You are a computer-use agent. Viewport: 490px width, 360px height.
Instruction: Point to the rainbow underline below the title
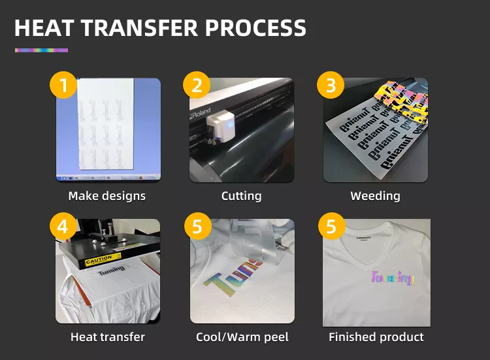(41, 50)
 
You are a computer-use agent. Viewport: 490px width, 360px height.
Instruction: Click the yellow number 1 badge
(63, 85)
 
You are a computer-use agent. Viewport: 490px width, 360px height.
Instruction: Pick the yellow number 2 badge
(197, 85)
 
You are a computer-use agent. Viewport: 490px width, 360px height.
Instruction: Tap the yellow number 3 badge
(331, 85)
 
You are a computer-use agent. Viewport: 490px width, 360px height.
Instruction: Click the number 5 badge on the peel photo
(197, 226)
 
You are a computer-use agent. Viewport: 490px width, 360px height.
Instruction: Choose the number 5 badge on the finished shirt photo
(331, 226)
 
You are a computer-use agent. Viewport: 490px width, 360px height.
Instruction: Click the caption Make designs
(107, 196)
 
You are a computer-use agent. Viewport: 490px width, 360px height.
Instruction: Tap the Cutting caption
(241, 196)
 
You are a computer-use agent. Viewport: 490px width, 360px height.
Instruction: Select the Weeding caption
(375, 196)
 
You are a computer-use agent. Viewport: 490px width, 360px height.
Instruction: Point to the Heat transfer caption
(107, 337)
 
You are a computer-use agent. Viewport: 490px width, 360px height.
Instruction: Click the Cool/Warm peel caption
(241, 337)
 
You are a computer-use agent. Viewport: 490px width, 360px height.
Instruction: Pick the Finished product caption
(376, 337)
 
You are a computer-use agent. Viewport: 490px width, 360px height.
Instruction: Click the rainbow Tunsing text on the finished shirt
(392, 278)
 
